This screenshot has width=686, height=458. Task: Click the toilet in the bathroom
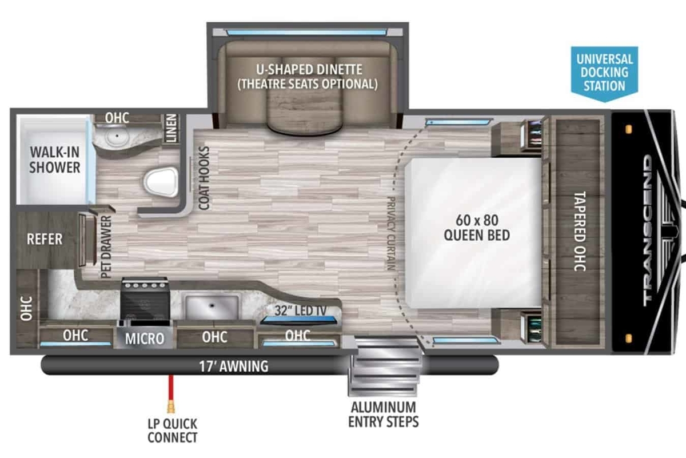(161, 182)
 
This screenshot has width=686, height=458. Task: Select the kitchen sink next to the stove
(212, 307)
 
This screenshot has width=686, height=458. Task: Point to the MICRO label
(145, 338)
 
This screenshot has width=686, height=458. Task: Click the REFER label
(45, 239)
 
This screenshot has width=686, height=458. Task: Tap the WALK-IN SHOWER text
(55, 160)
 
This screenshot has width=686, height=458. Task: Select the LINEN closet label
(171, 128)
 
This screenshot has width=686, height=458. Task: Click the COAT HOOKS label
(204, 178)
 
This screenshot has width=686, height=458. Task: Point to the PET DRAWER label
(106, 247)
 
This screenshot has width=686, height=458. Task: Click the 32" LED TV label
(301, 310)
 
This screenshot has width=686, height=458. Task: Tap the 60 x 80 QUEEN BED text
(477, 228)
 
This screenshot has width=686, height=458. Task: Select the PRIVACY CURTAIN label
(391, 233)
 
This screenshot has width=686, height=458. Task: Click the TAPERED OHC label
(580, 232)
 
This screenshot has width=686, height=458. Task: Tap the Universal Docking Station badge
(604, 74)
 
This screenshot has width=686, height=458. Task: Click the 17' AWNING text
(234, 367)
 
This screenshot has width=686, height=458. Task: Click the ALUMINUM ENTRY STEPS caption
(384, 415)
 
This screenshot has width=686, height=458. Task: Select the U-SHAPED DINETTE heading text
(309, 70)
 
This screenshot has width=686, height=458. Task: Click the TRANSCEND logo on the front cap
(651, 230)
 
